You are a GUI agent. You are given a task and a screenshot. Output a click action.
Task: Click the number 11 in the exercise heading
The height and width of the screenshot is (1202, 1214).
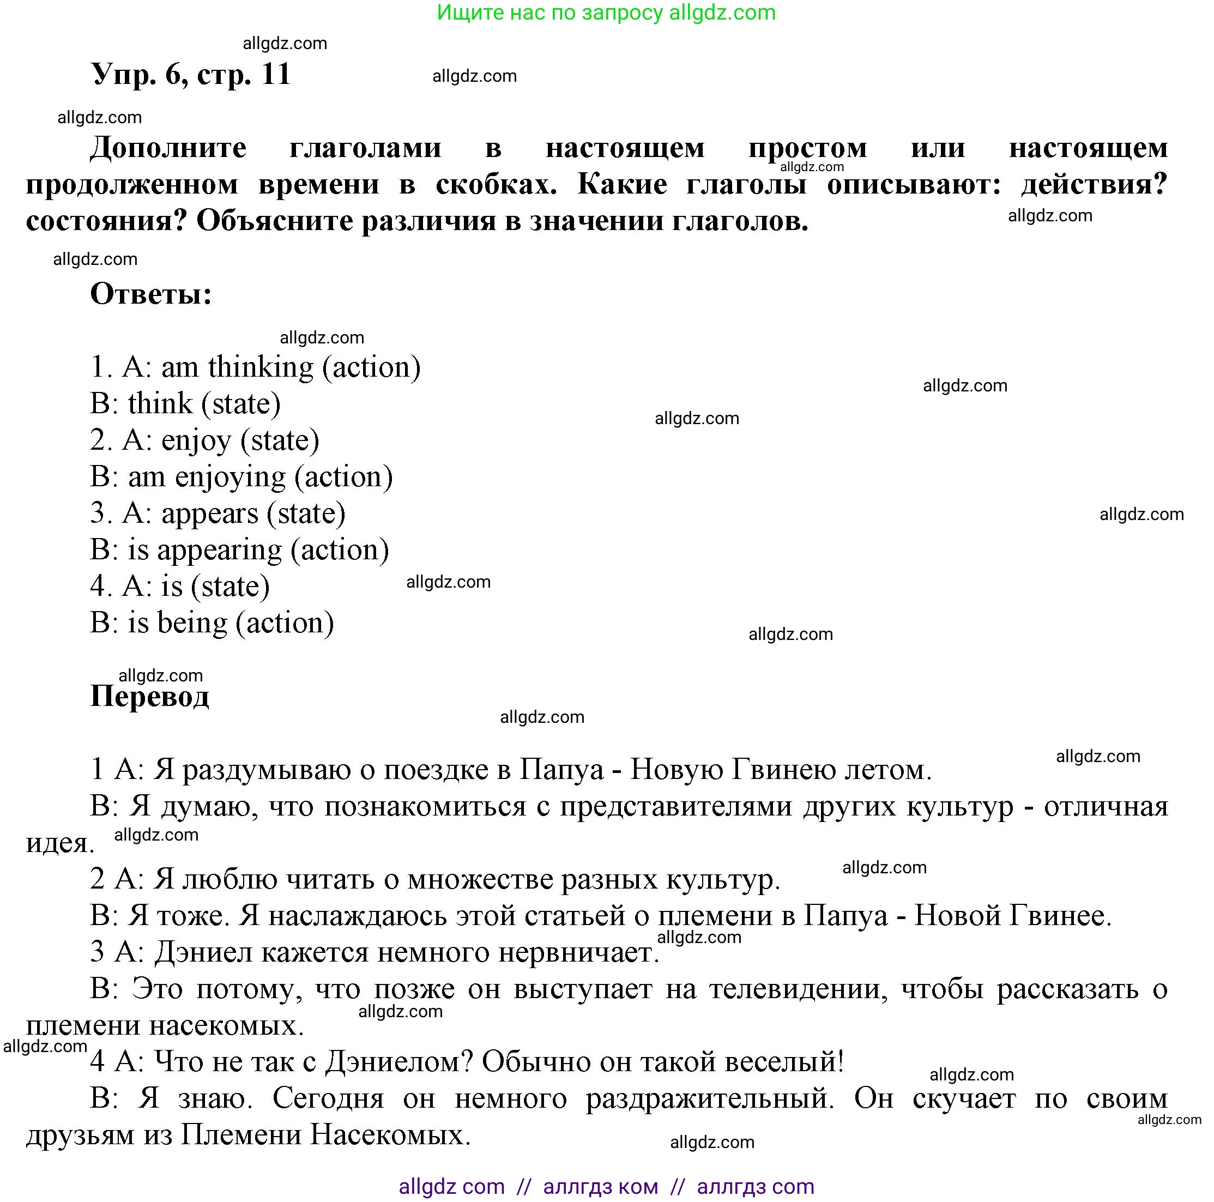(x=276, y=74)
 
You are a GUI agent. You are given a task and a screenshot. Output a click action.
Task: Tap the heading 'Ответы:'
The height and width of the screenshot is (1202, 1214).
(x=151, y=293)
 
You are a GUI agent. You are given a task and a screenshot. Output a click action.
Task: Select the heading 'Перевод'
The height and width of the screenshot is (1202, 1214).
(x=149, y=696)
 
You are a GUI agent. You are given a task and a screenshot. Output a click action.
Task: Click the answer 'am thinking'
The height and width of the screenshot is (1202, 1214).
(x=237, y=367)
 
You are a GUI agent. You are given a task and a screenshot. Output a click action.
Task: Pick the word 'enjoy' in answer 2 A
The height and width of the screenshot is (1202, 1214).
(x=196, y=440)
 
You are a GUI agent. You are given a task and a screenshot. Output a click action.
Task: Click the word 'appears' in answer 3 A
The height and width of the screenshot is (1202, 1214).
(x=210, y=514)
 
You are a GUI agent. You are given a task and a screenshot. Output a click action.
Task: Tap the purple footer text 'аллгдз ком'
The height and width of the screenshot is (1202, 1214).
(x=600, y=1186)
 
